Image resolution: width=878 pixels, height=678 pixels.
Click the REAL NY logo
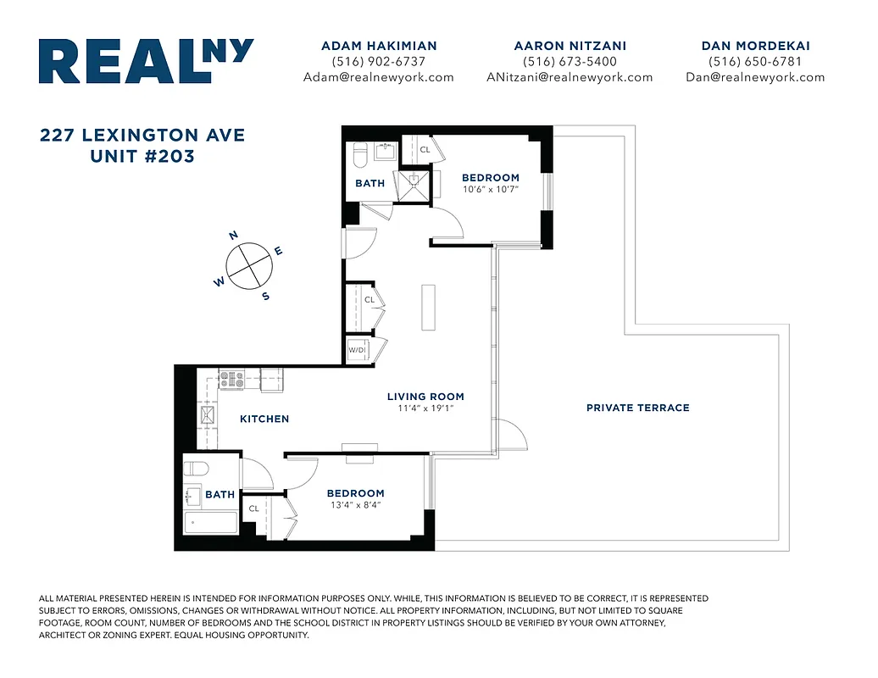146,61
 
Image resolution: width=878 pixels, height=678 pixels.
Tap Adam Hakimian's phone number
379,62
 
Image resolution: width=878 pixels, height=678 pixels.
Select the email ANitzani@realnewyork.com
570,77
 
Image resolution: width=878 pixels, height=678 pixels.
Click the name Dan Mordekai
755,46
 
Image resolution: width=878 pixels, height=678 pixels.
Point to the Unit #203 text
142,157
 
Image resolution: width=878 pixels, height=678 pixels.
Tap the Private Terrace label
637,408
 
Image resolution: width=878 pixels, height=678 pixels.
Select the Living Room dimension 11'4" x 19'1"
425,408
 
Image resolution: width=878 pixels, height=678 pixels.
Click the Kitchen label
264,419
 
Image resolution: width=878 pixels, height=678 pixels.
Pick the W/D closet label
357,350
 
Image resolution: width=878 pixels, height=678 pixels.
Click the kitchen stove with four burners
231,379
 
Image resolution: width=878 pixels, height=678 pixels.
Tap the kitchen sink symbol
207,414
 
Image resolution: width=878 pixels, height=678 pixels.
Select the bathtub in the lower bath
211,522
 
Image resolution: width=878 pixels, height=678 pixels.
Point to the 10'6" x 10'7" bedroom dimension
490,189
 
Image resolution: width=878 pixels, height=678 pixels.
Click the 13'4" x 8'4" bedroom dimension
355,504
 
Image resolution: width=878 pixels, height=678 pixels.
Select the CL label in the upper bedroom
425,150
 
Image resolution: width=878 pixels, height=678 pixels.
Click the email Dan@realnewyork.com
755,77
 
